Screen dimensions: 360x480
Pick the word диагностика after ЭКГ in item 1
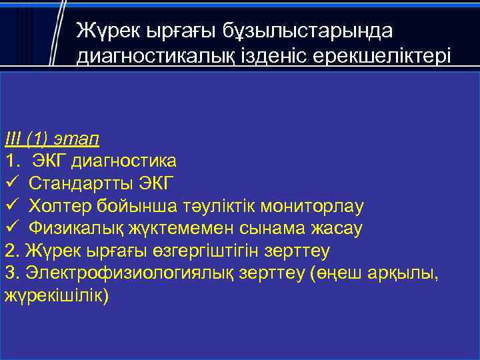[x=124, y=161]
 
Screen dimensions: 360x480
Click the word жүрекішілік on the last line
[x=53, y=296]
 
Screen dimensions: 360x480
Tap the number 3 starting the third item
[x=9, y=274]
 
